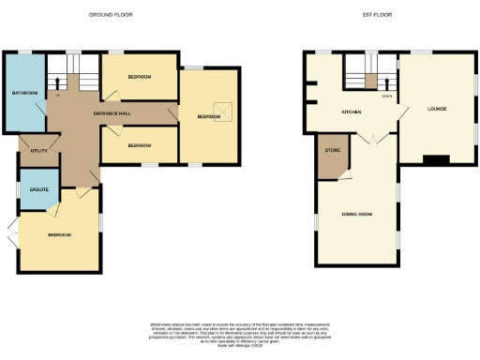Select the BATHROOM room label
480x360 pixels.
click(24, 93)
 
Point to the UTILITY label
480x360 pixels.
click(38, 150)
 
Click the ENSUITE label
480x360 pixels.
click(38, 189)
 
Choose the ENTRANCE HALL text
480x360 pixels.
click(112, 114)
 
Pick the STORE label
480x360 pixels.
click(332, 150)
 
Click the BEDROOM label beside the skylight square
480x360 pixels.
click(208, 117)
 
